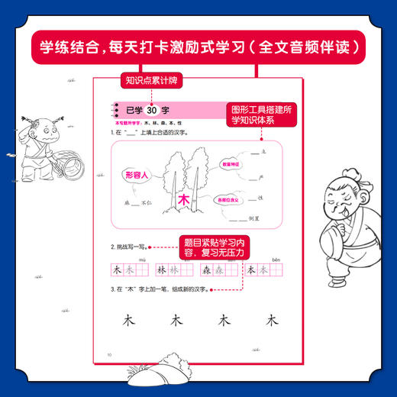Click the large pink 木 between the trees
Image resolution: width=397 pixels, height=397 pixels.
[182, 201]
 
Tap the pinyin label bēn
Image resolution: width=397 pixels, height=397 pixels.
[274, 258]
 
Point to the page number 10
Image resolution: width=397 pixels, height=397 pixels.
[109, 354]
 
